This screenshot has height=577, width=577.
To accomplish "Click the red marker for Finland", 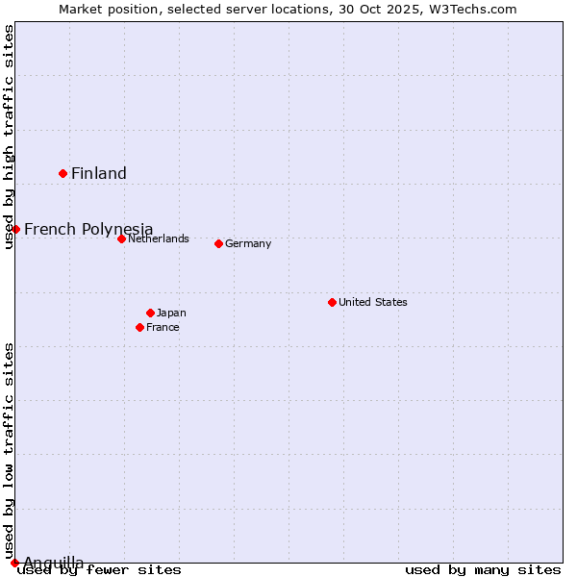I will pyautogui.click(x=63, y=173).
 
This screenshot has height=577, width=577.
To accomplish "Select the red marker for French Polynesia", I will pyautogui.click(x=15, y=229).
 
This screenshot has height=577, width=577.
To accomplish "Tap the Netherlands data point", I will pyautogui.click(x=121, y=238).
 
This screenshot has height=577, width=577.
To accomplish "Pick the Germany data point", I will pyautogui.click(x=218, y=243).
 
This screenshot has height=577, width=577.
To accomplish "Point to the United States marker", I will pyautogui.click(x=332, y=302).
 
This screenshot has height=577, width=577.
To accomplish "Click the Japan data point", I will pyautogui.click(x=150, y=313).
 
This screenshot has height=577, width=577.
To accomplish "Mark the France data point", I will pyautogui.click(x=140, y=327).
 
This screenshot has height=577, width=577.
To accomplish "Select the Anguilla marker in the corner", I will pyautogui.click(x=14, y=563).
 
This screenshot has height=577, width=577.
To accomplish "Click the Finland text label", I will pyautogui.click(x=99, y=174).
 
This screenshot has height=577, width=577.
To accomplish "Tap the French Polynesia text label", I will pyautogui.click(x=88, y=229).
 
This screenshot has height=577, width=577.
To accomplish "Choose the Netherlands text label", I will pyautogui.click(x=159, y=238).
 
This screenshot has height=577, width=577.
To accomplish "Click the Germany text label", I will pyautogui.click(x=248, y=243).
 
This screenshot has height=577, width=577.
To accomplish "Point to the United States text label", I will pyautogui.click(x=373, y=302).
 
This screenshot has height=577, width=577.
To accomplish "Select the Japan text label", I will pyautogui.click(x=171, y=313).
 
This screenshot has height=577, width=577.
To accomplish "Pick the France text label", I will pyautogui.click(x=163, y=327).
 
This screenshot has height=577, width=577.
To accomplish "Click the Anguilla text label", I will pyautogui.click(x=54, y=563).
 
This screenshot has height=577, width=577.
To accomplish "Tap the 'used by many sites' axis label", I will pyautogui.click(x=483, y=569).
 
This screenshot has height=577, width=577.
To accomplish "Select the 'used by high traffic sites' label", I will pyautogui.click(x=10, y=137).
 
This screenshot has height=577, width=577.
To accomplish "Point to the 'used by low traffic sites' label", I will pyautogui.click(x=10, y=450).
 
